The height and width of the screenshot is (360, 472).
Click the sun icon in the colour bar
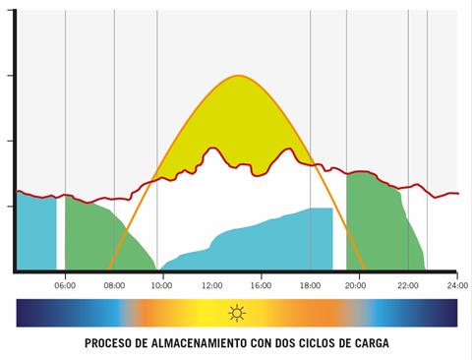coord(236,314)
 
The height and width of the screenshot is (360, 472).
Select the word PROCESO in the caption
coord(108,343)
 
